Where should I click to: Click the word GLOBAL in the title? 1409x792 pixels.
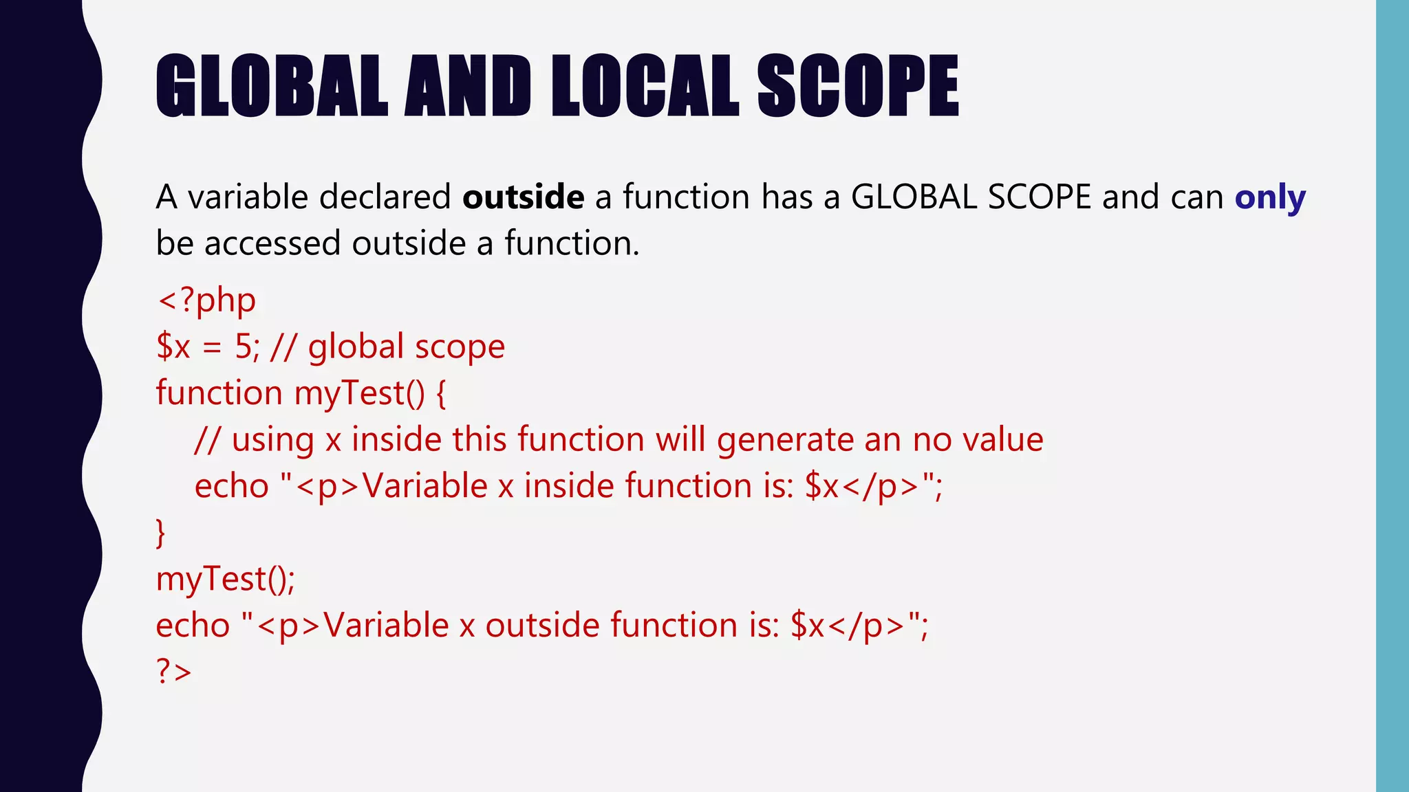[x=272, y=85]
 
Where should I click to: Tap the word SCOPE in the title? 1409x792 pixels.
[x=857, y=85]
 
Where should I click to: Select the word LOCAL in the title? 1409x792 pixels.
[x=645, y=85]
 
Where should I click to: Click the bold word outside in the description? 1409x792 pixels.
[x=523, y=197]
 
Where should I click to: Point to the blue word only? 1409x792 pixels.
[x=1269, y=198]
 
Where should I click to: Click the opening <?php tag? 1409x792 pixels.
[x=206, y=300]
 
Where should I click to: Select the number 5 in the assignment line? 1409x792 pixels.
[x=243, y=346]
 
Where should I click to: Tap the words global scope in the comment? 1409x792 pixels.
[x=406, y=347]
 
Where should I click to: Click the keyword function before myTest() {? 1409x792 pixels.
[x=219, y=393]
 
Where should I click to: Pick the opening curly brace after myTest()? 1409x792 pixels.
[x=441, y=394]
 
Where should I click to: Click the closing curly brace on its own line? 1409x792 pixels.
[x=161, y=533]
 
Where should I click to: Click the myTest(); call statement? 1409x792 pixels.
[x=226, y=579]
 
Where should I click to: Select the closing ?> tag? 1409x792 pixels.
[x=173, y=672]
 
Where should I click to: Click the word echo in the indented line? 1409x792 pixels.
[x=231, y=486]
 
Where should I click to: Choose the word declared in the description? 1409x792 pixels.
[x=385, y=197]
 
